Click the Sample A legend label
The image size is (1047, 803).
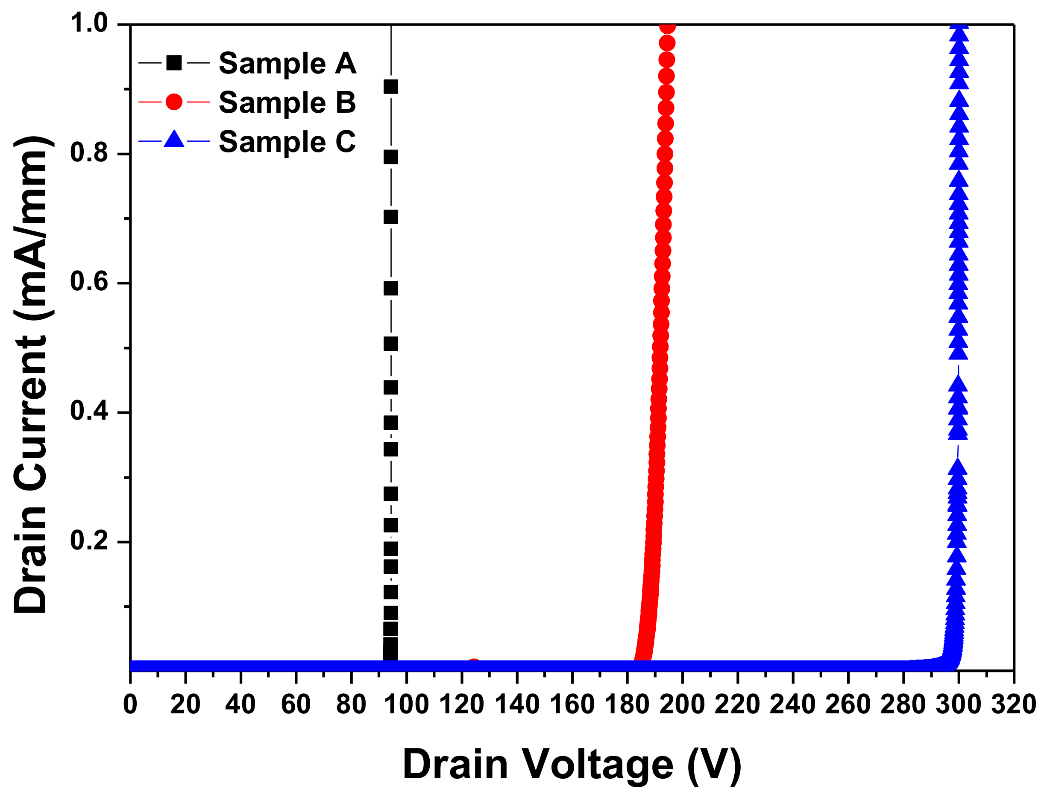(287, 63)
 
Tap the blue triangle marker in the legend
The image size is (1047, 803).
(174, 139)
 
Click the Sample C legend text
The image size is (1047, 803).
(287, 142)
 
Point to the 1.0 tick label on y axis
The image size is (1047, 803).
(89, 23)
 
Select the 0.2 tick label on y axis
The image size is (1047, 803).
(89, 540)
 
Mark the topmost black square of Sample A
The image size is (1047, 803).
(391, 87)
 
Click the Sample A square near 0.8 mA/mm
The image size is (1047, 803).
(391, 157)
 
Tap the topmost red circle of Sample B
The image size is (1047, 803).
(667, 27)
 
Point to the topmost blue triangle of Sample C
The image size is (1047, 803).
(959, 32)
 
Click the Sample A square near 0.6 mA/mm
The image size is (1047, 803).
(391, 289)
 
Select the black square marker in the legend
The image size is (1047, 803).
(174, 63)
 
